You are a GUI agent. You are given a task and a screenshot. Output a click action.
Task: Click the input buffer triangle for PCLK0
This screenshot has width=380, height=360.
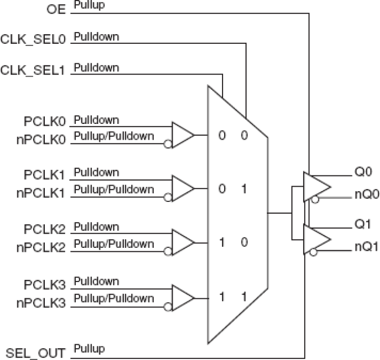(x=182, y=135)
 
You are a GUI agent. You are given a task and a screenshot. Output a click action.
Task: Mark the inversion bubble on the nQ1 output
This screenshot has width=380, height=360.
(x=314, y=252)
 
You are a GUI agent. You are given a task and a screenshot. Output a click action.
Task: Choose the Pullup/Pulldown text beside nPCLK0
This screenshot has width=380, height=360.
(x=114, y=136)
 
